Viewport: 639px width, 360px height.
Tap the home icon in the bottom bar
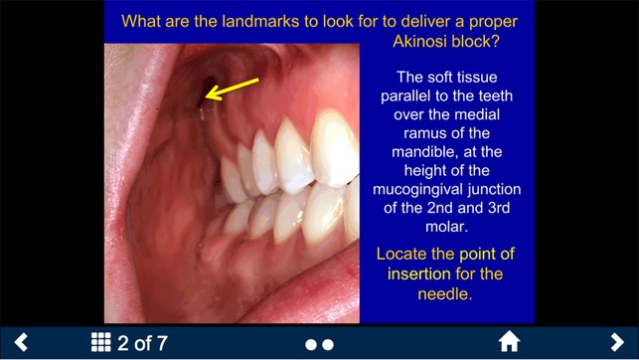pos(509,342)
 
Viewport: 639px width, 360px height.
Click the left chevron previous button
pos(21,342)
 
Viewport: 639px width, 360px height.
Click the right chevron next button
pos(617,342)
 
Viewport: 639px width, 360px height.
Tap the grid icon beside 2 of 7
pos(100,342)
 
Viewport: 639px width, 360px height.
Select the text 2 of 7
pos(142,343)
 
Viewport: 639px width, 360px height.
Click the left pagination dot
pos(311,344)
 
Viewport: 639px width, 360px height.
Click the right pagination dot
pos(328,344)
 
